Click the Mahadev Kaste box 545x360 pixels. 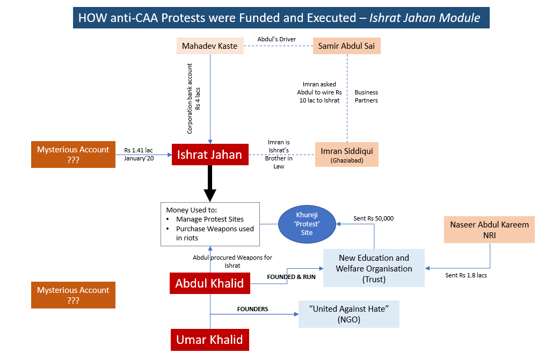coord(209,46)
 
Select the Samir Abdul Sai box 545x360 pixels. coord(346,46)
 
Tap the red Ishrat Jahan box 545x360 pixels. coord(210,155)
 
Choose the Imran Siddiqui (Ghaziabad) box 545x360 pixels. coord(346,155)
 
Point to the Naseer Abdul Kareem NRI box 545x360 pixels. coord(489,229)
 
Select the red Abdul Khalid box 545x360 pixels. coord(210,283)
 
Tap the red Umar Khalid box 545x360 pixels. coord(210,340)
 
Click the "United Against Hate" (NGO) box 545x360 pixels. coord(349,314)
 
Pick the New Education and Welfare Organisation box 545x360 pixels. coord(374,268)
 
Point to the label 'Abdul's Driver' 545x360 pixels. coord(276,39)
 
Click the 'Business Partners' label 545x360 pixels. coord(366,96)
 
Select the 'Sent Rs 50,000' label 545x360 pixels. coord(373,218)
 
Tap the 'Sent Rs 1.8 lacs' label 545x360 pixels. coord(466,275)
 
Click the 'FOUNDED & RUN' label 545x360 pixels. coord(291,277)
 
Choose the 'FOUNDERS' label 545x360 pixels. coord(253,309)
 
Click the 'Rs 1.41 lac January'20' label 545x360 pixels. coord(139,154)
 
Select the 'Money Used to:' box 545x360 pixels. coord(210,224)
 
